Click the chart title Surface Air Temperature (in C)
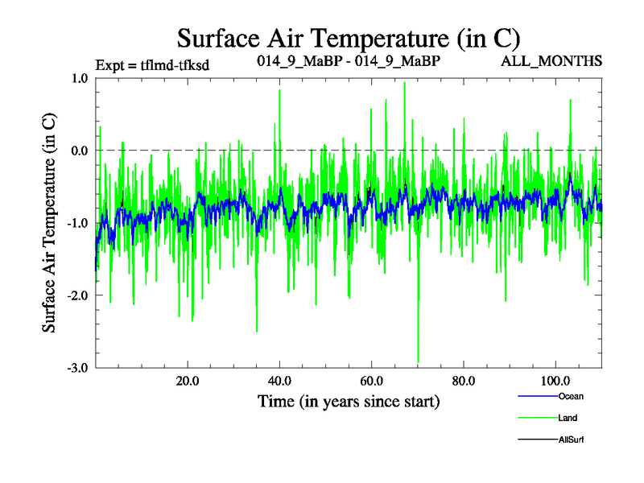click(349, 38)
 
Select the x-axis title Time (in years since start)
click(349, 400)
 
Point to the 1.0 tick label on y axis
click(80, 78)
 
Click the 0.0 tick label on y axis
click(80, 151)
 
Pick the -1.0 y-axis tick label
click(77, 223)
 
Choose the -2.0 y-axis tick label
click(77, 295)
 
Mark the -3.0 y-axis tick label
click(77, 368)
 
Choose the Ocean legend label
click(570, 396)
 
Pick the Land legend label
click(568, 418)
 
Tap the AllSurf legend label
click(571, 440)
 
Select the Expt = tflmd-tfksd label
click(152, 65)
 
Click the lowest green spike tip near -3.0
click(419, 362)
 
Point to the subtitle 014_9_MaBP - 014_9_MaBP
click(348, 61)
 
